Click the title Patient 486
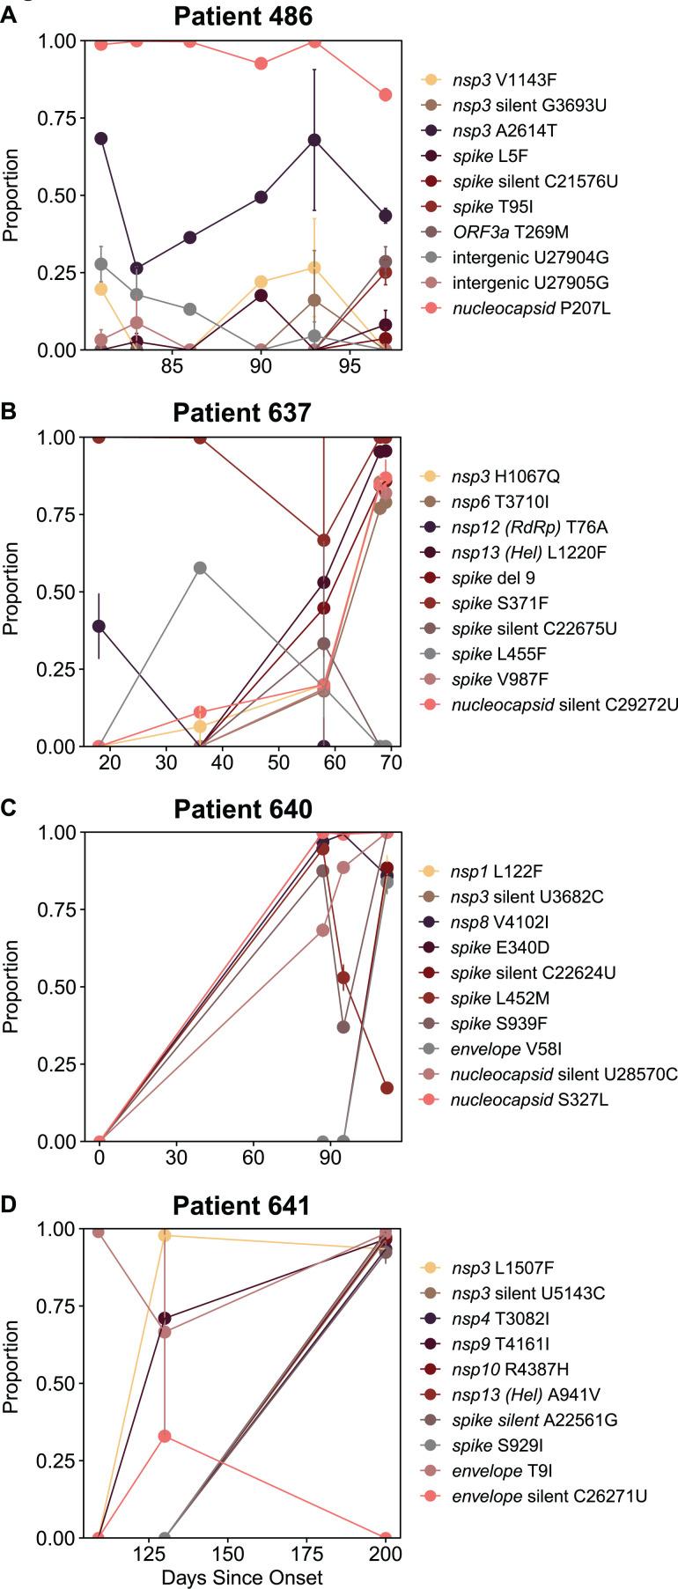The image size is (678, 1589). pyautogui.click(x=242, y=16)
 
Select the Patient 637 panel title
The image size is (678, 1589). pyautogui.click(x=242, y=412)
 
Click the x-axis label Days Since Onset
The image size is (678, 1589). pyautogui.click(x=241, y=1577)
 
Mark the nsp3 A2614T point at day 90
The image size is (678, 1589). pyautogui.click(x=261, y=197)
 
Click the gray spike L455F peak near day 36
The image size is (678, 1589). pyautogui.click(x=200, y=568)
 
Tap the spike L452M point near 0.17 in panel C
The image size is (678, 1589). pyautogui.click(x=387, y=1088)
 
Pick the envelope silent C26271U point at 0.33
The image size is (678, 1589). pyautogui.click(x=164, y=1436)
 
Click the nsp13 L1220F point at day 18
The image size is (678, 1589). pyautogui.click(x=99, y=626)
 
